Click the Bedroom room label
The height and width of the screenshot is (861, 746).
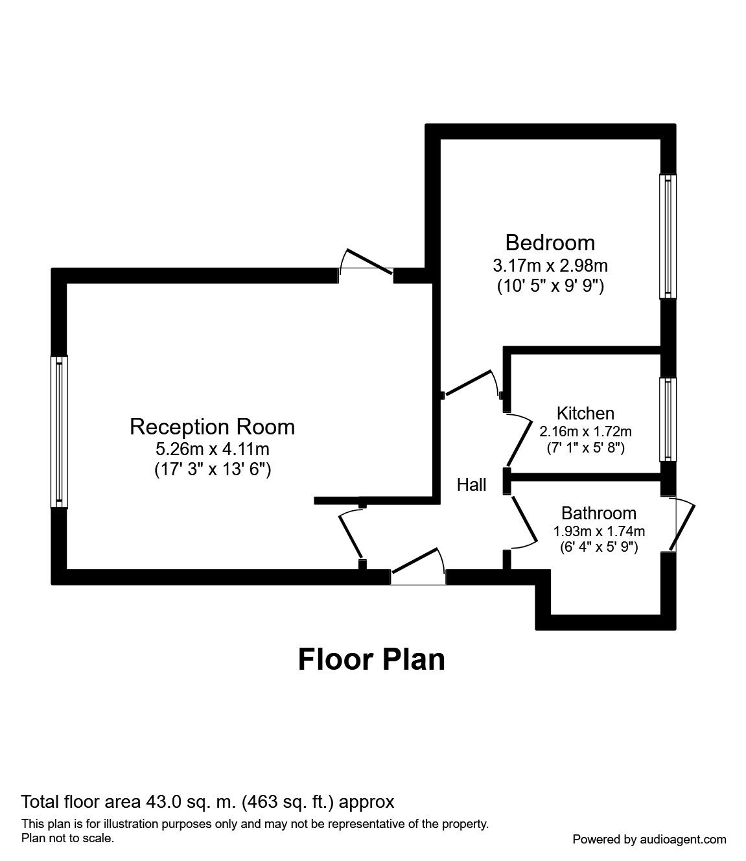coord(550,243)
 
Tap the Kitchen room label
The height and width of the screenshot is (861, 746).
coord(585,413)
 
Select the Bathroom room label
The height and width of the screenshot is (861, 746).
coord(598,513)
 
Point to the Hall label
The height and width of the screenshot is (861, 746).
coord(471,485)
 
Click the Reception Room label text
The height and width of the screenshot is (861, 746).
coord(213,427)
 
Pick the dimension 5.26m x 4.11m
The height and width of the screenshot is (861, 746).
coord(213,449)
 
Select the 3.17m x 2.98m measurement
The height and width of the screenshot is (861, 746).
coord(550,265)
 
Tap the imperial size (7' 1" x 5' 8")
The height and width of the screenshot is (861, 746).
coord(586,448)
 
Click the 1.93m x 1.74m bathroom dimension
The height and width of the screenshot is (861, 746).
coord(599,531)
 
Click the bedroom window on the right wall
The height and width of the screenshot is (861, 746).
coord(668,236)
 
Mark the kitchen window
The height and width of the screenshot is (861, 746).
coord(668,419)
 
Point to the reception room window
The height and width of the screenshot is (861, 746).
coord(59,432)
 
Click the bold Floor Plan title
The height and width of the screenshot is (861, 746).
coord(371,659)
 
